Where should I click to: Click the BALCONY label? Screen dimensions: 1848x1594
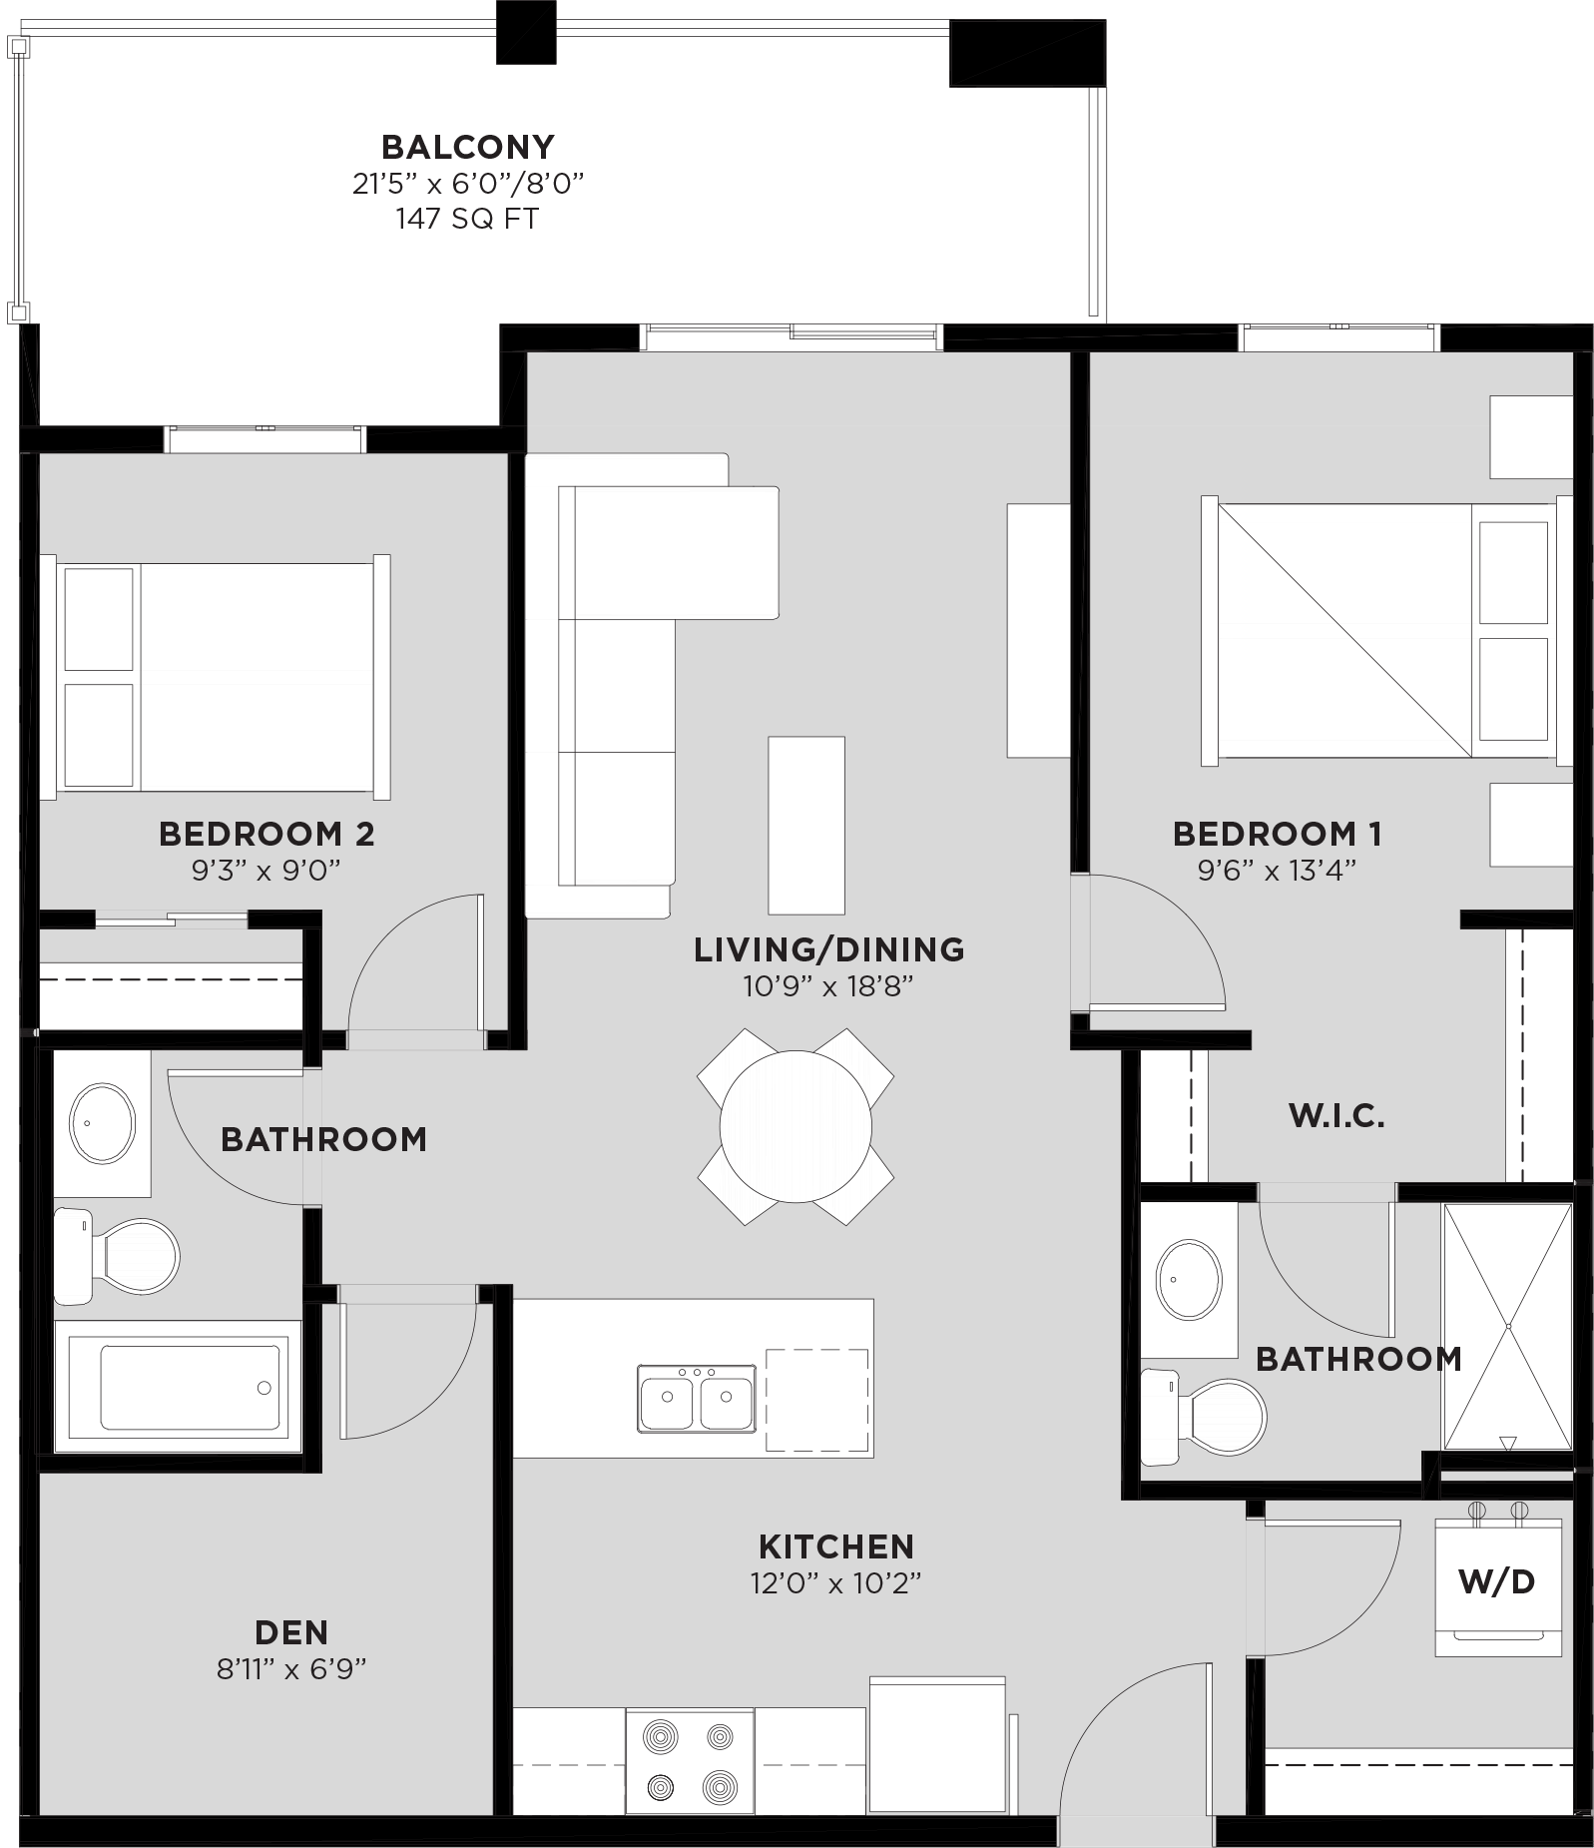467,147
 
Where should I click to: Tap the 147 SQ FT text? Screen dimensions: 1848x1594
467,219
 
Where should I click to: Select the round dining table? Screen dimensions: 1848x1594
796,1126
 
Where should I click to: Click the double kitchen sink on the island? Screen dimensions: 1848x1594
697,1399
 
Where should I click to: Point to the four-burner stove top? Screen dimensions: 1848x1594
690,1760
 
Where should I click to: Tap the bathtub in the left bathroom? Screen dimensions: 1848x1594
189,1387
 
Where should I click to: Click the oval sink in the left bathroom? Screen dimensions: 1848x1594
102,1122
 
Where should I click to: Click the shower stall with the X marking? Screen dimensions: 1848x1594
1507,1326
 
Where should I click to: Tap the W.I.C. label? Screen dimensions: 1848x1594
1336,1116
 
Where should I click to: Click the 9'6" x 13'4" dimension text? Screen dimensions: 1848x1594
1277,870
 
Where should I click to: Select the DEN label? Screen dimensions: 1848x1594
291,1632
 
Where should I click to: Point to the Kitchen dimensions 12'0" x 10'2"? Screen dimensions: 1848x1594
835,1583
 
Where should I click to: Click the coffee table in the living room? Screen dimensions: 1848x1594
805,825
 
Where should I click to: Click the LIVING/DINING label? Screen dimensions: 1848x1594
828,949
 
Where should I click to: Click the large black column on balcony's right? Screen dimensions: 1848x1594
1026,53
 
